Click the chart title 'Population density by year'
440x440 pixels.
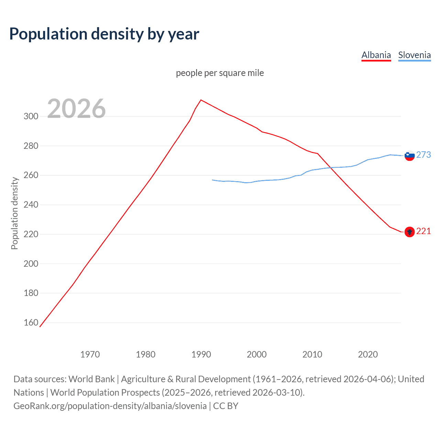(x=104, y=34)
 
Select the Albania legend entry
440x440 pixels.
(x=376, y=55)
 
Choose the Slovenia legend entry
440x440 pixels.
(x=414, y=55)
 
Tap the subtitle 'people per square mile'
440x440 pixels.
(x=220, y=73)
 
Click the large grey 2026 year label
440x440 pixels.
(x=76, y=109)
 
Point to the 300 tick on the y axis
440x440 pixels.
(x=31, y=116)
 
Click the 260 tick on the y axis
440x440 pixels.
(x=31, y=175)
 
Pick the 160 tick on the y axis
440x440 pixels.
(x=31, y=322)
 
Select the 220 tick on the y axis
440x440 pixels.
(x=31, y=234)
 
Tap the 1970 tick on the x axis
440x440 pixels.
(x=90, y=354)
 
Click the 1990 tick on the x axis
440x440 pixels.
(x=201, y=354)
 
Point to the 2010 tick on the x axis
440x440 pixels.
(x=312, y=354)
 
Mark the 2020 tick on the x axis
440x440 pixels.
(x=368, y=354)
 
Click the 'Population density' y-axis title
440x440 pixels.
(x=14, y=213)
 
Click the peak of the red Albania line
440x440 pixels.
(x=201, y=100)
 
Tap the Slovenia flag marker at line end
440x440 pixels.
(x=409, y=156)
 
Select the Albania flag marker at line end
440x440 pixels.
(x=409, y=232)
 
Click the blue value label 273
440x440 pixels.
(x=423, y=155)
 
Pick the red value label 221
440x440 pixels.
(x=423, y=231)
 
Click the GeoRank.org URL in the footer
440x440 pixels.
(x=110, y=406)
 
